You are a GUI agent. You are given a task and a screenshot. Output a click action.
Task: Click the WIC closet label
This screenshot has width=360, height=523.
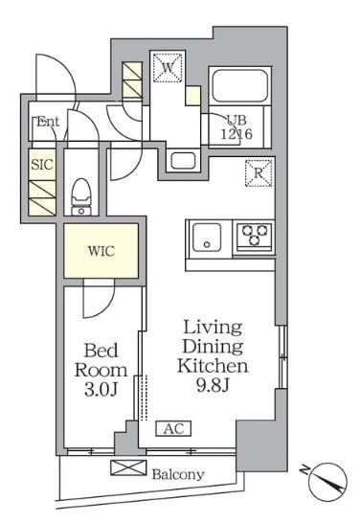click(101, 251)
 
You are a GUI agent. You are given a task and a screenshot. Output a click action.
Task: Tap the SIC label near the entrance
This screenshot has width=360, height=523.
click(42, 165)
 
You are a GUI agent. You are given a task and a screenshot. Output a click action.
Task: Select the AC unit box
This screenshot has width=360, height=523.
click(173, 428)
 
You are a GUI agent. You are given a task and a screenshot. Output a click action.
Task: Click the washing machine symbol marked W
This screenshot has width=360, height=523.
click(168, 68)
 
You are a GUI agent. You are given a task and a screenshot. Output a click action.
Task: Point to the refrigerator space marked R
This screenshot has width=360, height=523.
click(259, 172)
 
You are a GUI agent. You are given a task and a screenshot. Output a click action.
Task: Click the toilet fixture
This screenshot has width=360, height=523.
click(81, 196)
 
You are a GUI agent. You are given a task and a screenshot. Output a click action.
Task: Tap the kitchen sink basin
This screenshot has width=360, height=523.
click(207, 237)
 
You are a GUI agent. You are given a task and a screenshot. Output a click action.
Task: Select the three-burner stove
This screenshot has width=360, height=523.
click(255, 235)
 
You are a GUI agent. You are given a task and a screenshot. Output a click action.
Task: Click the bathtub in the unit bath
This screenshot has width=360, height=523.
click(240, 86)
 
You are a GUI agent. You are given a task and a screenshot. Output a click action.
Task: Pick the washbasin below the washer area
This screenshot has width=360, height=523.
click(183, 161)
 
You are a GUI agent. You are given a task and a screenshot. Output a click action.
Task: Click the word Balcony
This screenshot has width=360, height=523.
click(178, 474)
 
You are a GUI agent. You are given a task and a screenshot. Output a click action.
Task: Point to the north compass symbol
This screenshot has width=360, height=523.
click(327, 482)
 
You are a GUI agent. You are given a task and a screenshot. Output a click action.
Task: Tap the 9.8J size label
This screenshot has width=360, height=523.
click(213, 386)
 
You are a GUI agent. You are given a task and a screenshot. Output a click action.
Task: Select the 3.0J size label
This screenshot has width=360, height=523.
click(101, 389)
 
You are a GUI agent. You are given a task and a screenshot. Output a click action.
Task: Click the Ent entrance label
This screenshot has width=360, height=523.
click(48, 122)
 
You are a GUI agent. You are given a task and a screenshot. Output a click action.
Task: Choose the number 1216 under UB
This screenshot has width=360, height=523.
click(236, 134)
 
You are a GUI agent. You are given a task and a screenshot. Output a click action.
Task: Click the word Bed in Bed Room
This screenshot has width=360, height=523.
click(101, 351)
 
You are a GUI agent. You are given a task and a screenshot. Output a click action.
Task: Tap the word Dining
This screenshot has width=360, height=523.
click(213, 347)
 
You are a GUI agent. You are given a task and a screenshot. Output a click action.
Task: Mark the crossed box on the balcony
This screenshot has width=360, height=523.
click(128, 467)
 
